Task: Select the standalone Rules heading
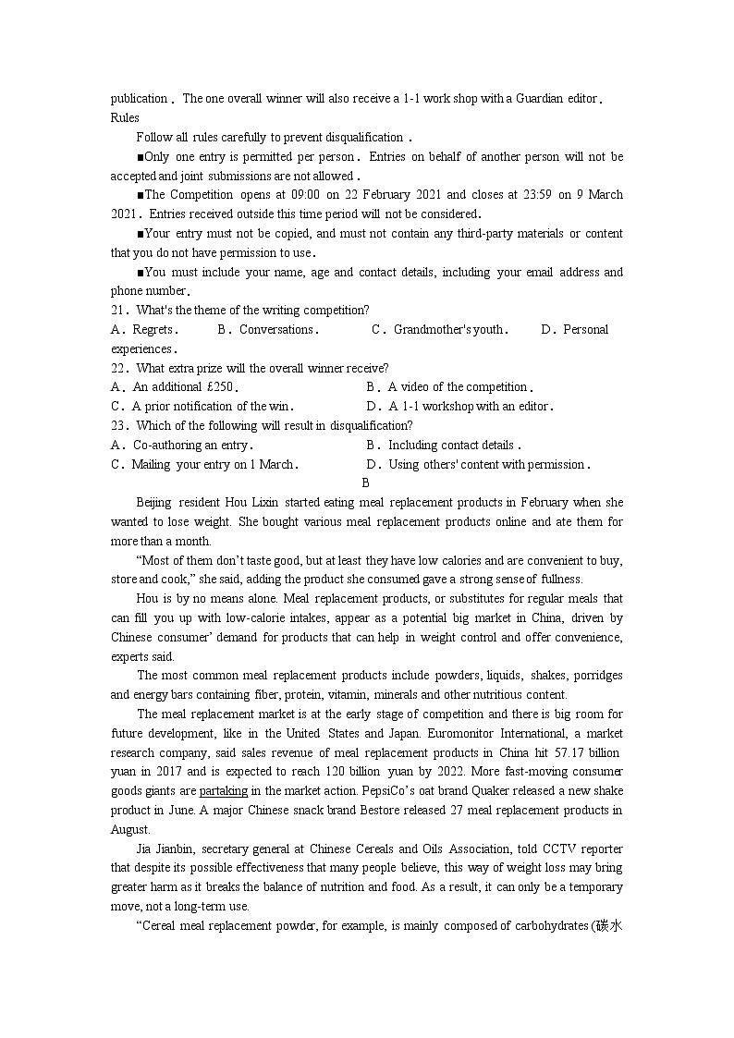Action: coord(125,117)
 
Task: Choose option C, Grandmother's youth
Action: coord(440,330)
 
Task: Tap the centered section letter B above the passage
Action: coord(366,482)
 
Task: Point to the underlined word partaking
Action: coord(224,791)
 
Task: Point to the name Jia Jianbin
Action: coord(165,849)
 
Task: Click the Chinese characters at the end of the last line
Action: coord(610,926)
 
